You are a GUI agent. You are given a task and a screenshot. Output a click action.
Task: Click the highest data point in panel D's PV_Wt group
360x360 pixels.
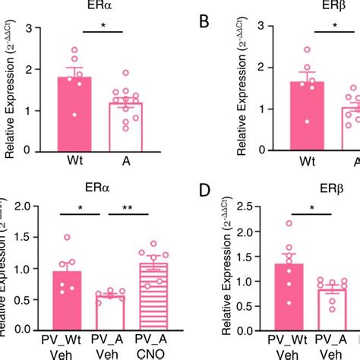tap(288, 223)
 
